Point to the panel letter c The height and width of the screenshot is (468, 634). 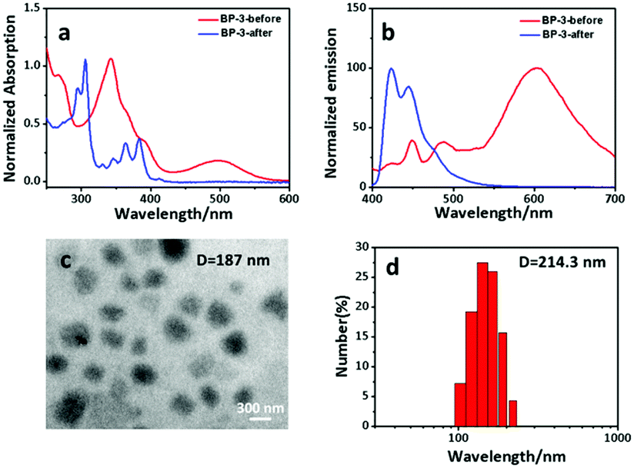pos(66,262)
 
